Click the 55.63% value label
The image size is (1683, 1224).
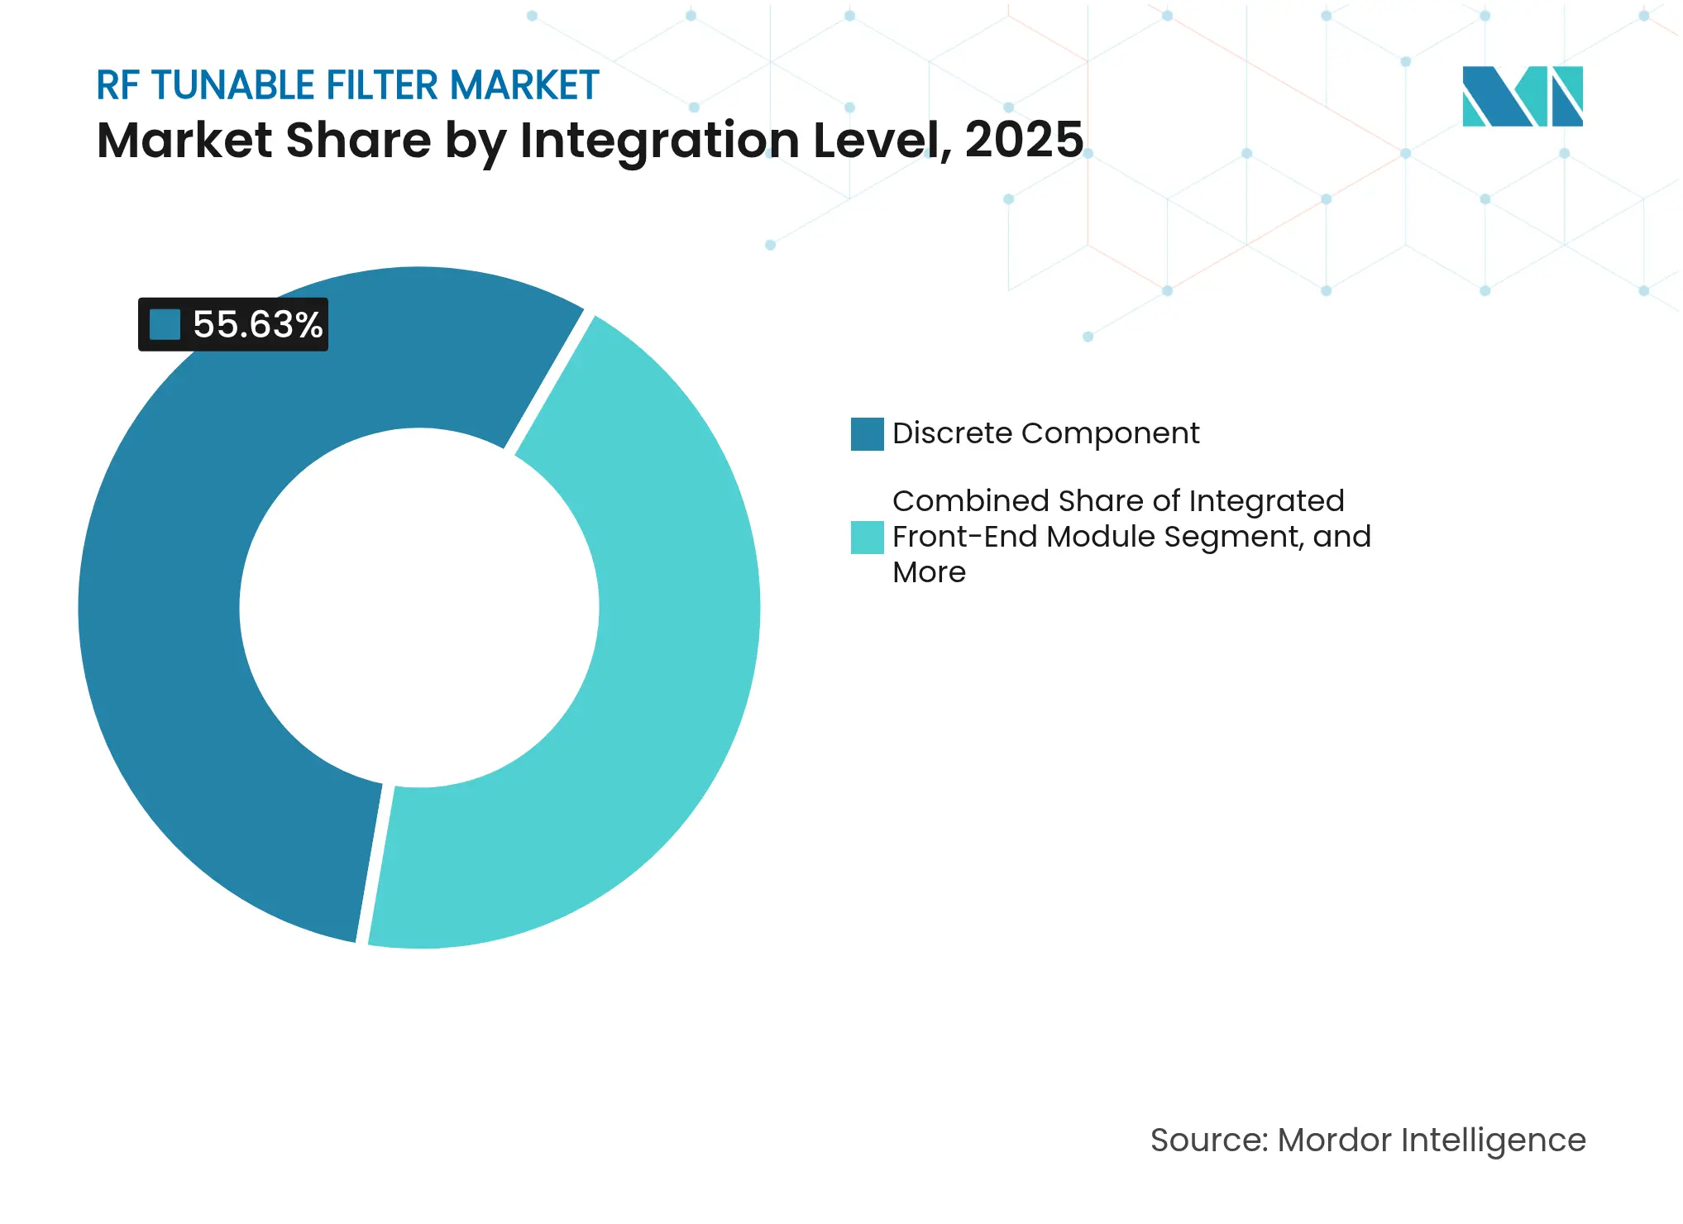coord(257,324)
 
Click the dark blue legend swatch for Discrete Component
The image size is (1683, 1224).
coord(867,434)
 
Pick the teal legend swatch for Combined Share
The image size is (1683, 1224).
coord(867,538)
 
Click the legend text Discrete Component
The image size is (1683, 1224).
coord(1045,433)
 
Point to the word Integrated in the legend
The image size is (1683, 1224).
coord(1266,501)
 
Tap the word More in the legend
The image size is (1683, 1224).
coord(929,572)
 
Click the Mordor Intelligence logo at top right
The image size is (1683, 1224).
coord(1522,97)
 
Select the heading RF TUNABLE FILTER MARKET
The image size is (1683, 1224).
coord(347,85)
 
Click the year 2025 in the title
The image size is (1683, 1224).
coord(1023,140)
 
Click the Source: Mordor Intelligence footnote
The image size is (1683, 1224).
coord(1368,1140)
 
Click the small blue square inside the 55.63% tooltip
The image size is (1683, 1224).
coord(165,324)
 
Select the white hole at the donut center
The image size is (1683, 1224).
coord(419,608)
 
